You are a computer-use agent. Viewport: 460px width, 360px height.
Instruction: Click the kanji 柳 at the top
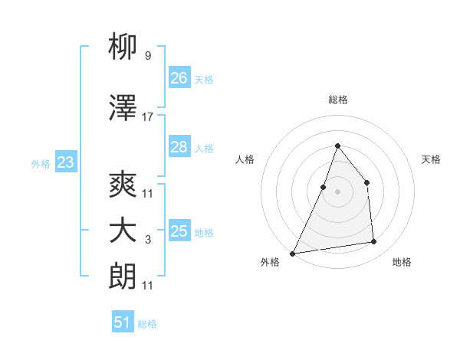[x=123, y=47]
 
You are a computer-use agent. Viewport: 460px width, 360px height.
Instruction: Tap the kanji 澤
[x=123, y=109]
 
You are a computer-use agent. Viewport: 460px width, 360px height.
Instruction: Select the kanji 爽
[x=123, y=185]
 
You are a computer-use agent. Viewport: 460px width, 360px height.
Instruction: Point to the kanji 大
[x=123, y=231]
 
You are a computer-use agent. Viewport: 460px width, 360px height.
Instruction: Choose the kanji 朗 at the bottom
[x=123, y=277]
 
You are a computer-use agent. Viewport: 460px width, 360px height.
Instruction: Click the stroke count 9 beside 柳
[x=147, y=56]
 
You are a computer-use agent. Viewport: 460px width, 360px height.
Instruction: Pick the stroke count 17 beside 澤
[x=147, y=117]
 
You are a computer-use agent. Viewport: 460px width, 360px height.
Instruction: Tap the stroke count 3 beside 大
[x=147, y=240]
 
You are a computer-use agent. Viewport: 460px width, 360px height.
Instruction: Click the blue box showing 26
[x=179, y=77]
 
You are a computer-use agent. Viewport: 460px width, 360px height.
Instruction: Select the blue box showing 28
[x=179, y=147]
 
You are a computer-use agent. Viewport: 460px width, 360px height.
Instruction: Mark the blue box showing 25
[x=179, y=231]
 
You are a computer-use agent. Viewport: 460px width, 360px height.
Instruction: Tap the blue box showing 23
[x=65, y=162]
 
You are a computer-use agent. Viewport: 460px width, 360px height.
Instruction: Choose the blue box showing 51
[x=123, y=322]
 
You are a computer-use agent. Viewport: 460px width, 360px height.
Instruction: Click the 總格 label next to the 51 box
[x=147, y=324]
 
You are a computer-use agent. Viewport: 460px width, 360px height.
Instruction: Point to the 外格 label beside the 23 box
[x=41, y=163]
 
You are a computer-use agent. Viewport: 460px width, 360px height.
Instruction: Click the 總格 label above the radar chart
[x=337, y=100]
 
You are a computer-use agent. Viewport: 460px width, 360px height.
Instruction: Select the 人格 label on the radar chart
[x=245, y=159]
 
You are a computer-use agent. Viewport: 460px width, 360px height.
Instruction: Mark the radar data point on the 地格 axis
[x=374, y=242]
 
